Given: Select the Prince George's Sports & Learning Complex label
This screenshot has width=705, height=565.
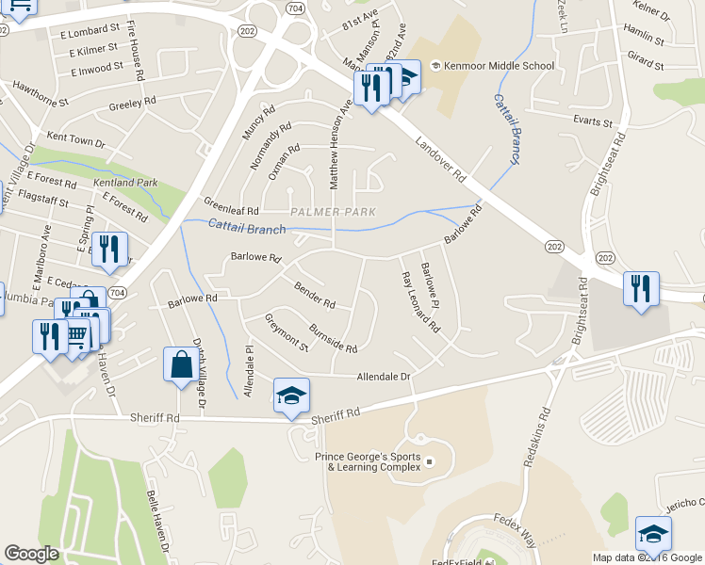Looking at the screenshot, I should coord(368,461).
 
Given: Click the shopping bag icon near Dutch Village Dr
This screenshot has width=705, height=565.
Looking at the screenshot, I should coord(181,364).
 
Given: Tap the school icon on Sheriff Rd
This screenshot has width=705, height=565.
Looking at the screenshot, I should coord(291,396).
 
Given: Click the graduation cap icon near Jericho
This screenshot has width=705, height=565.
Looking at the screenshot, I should coord(653,534).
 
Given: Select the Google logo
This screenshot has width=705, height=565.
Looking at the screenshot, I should coord(31,554).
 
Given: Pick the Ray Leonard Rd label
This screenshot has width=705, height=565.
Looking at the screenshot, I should coord(420,303).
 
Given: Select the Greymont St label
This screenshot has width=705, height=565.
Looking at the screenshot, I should coord(287,332).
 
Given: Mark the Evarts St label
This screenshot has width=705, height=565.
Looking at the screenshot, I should coord(594,122).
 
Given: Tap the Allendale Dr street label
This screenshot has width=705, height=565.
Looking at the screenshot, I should coord(384,377).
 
